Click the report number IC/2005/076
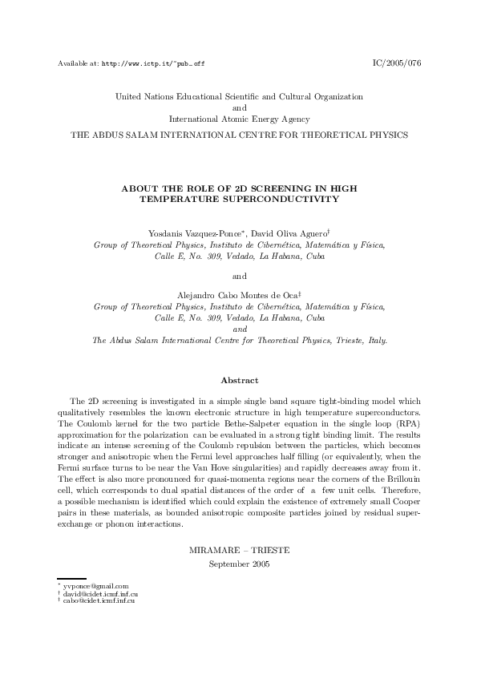coord(398,63)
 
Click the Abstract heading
coord(239,380)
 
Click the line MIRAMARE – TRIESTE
coord(239,551)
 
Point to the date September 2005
coord(239,564)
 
